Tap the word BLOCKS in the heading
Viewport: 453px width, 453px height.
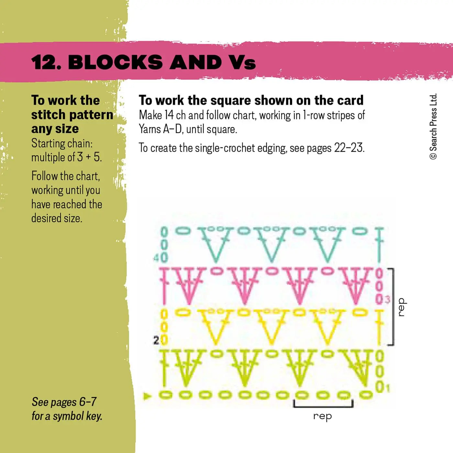click(115, 62)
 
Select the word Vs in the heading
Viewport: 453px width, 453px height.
click(242, 62)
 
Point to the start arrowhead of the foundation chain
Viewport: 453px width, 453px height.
click(147, 396)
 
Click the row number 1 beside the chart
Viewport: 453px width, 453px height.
click(388, 387)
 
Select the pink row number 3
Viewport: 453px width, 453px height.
click(388, 300)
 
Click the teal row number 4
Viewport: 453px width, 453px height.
click(156, 258)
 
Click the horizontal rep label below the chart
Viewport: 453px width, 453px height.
click(322, 416)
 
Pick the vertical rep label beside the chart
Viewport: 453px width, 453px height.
click(401, 307)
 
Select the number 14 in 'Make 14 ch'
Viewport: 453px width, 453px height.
click(169, 116)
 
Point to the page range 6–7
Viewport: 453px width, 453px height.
click(88, 402)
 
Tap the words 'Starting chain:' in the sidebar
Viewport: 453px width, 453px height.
click(62, 143)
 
